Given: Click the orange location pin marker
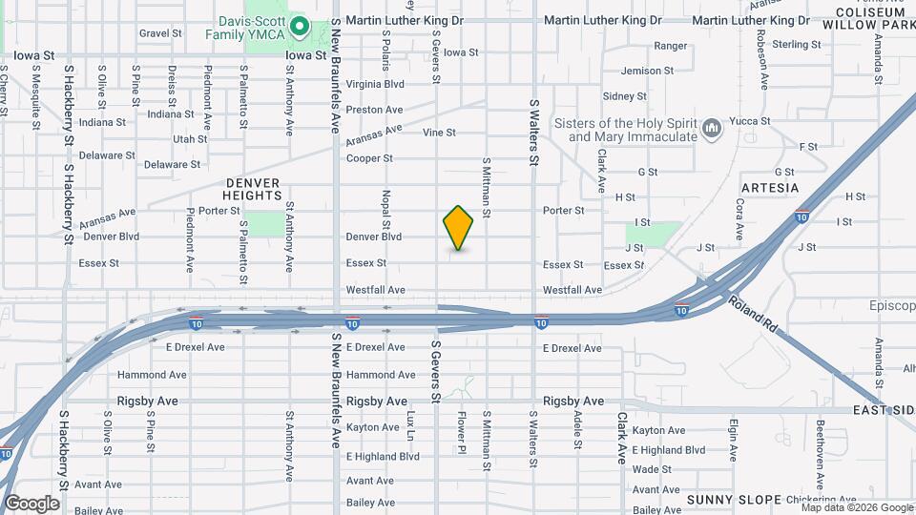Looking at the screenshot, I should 459,227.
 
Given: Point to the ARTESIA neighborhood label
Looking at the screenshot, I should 769,188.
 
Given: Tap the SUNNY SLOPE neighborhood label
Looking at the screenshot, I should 734,499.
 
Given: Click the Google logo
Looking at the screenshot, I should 32,503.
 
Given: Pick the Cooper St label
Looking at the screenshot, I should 369,158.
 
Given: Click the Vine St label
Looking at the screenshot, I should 439,133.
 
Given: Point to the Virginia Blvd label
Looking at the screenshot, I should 375,84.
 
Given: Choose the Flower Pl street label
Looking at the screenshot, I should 462,432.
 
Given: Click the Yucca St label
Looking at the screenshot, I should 750,121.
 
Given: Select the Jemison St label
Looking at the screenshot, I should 647,71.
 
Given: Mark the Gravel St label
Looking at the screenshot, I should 159,32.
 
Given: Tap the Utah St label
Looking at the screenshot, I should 190,139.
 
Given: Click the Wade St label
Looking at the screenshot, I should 652,469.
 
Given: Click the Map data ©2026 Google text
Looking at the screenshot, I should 856,508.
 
